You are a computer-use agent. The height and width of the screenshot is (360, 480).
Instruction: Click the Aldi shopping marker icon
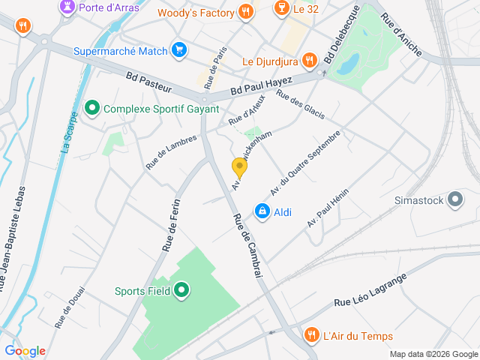(262, 212)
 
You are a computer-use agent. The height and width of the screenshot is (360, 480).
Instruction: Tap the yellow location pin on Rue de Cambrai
(239, 168)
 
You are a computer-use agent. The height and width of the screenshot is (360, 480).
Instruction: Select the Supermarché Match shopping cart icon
(178, 51)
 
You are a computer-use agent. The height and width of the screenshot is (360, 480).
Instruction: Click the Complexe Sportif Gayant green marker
(93, 109)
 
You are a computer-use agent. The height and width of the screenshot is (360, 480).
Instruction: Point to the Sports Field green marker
(181, 290)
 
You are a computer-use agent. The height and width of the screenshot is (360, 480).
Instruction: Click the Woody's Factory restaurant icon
(245, 11)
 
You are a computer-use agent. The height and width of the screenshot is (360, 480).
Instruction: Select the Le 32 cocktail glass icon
(281, 9)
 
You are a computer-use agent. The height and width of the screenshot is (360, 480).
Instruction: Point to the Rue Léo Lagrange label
(370, 290)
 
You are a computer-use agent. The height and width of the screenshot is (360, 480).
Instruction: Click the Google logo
(25, 351)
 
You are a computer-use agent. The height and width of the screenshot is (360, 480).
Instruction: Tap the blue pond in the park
(347, 66)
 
